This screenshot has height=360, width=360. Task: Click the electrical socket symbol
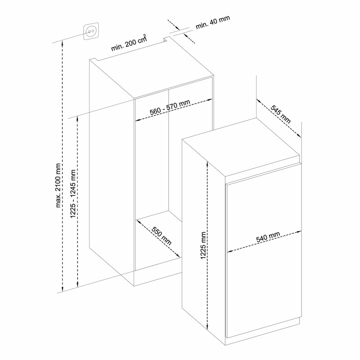tap(91, 31)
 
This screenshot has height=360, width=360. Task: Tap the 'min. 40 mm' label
tap(212, 22)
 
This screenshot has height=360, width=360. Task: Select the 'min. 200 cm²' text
tap(129, 43)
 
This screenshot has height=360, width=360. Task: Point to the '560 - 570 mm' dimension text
tap(170, 107)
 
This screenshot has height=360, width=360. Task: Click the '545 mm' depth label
tap(280, 114)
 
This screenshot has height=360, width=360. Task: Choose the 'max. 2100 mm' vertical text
tap(58, 185)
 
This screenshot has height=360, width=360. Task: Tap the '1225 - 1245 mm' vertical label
tap(73, 194)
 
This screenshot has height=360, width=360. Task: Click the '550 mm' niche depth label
tap(162, 236)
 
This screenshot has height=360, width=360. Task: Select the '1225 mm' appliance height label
tap(203, 245)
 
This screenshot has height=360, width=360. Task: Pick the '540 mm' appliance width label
tap(268, 237)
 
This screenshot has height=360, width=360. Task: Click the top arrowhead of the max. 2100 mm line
tap(63, 43)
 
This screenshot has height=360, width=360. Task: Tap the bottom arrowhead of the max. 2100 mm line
tap(63, 289)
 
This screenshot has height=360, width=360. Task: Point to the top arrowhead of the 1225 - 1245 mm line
tap(77, 119)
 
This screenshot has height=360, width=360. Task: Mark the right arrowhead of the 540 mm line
tap(298, 232)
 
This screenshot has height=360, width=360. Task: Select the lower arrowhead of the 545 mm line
tap(298, 135)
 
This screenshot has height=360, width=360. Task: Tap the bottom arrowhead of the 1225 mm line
tap(207, 326)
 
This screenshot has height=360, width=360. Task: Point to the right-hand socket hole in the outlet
tap(93, 31)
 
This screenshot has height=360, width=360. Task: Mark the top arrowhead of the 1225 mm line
tap(207, 164)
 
